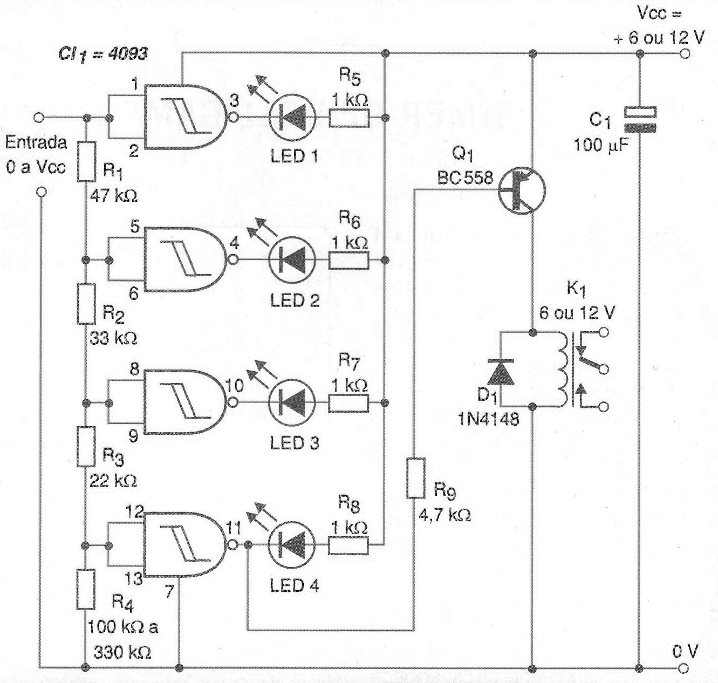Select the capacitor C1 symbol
pos(640,120)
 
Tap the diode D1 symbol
pos(501,372)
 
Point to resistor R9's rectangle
pos(416,478)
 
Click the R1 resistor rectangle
pos(86,161)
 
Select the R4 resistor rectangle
pos(86,589)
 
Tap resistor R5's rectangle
pos(349,118)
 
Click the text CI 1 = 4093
pos(103,54)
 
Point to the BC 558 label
pos(465,177)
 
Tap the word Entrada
pos(36,143)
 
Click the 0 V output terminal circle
pos(685,668)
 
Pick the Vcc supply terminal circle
pos(685,54)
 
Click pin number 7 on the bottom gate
pos(169,592)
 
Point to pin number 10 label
pos(235,385)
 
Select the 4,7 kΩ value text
pos(445,515)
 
